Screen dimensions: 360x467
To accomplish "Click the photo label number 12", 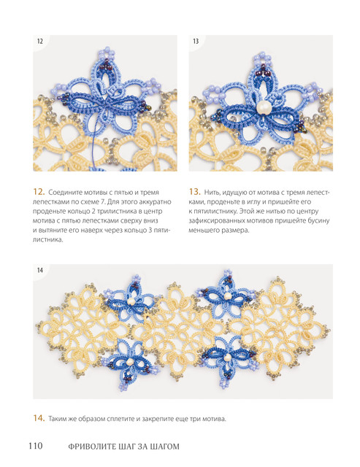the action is coord(40,42).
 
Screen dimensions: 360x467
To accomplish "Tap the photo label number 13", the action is coord(196,42).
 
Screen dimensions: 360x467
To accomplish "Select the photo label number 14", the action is coord(40,270).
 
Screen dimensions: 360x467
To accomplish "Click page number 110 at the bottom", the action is coord(36,446).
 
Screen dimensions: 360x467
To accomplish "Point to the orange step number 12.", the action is coord(39,192).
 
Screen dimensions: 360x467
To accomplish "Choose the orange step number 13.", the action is coord(194,192).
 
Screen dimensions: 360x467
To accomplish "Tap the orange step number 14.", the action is coord(39,418).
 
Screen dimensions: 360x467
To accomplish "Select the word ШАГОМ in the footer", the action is coord(166,447).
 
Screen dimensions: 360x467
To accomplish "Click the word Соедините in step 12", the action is coord(62,193).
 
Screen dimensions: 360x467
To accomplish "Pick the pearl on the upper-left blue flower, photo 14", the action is coord(131,301).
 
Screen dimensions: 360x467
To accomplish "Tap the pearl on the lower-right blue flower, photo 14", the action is coord(227,357).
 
